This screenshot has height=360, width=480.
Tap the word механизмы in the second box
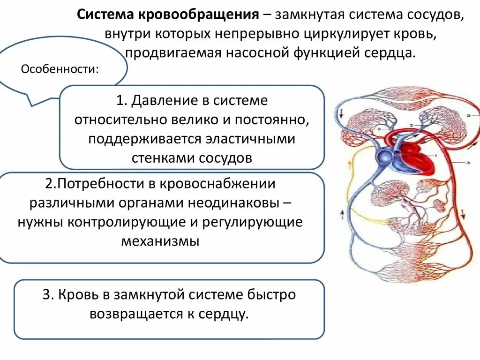click(x=160, y=241)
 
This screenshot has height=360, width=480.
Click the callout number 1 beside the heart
click(x=436, y=155)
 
